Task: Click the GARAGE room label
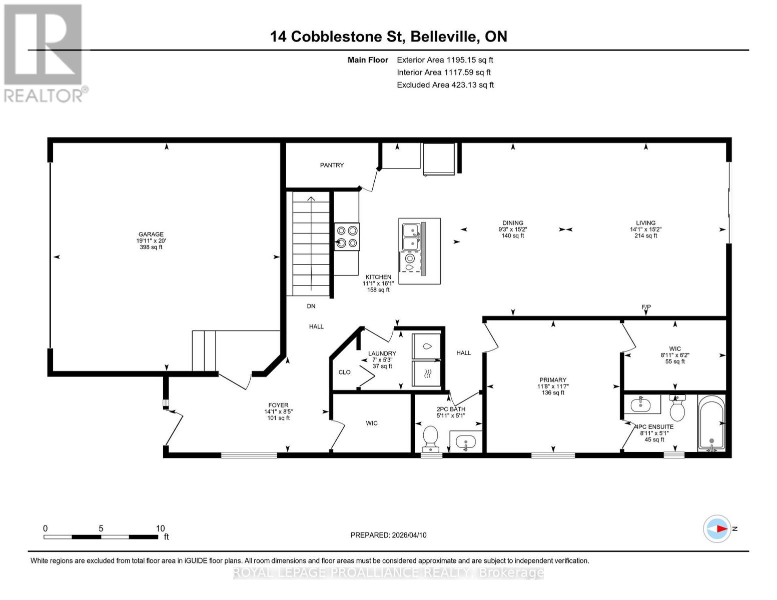151,234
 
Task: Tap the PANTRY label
332,165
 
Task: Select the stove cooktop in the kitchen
347,236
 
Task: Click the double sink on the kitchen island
411,236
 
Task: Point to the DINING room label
513,223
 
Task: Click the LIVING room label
645,223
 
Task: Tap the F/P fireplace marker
646,307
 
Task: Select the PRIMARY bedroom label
553,380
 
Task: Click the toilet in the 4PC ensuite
677,408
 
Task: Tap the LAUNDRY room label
382,353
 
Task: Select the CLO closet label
345,372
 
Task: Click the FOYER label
278,405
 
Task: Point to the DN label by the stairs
311,306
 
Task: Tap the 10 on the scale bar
160,528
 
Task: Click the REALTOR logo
44,52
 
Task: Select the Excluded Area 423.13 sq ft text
445,85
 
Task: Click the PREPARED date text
388,535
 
